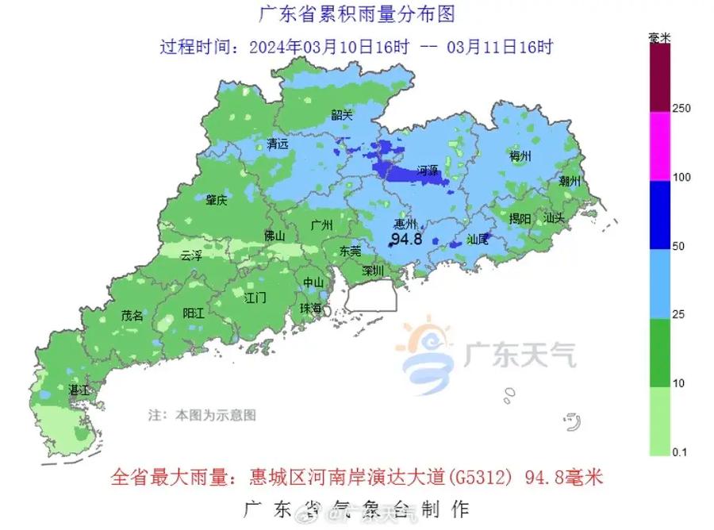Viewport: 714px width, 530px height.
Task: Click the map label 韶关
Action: [342, 114]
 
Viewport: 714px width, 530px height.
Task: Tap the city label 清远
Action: [278, 144]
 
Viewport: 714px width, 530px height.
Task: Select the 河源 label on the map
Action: [428, 170]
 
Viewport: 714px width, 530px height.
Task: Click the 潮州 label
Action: [570, 181]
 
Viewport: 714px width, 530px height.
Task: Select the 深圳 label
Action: [373, 271]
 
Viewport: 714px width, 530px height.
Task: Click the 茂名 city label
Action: [132, 315]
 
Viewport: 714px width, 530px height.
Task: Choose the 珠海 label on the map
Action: [310, 308]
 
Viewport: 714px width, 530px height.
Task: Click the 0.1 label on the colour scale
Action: [681, 452]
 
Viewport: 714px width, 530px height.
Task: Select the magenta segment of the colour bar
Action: [660, 146]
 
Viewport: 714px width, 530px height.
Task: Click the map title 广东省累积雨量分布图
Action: [358, 14]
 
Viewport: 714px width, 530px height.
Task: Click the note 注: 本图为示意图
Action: [203, 414]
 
